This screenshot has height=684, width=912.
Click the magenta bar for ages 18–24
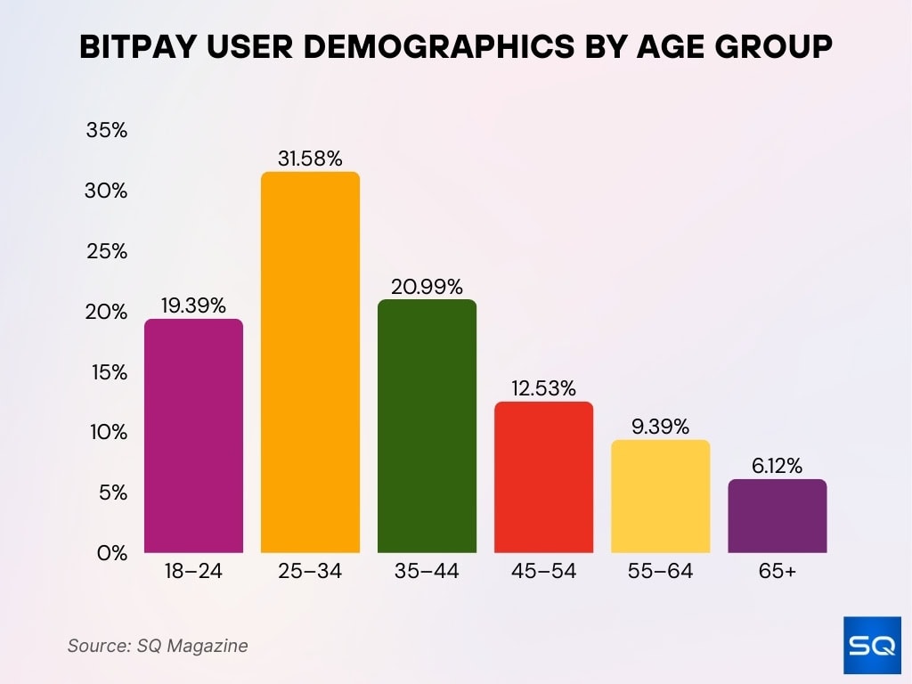coord(193,436)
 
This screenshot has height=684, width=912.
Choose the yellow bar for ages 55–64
coord(660,496)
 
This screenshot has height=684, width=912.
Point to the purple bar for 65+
coord(778,516)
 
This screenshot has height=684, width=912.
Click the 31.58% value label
coord(310,159)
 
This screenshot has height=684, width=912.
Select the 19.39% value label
coord(193,305)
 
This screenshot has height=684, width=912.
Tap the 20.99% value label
coord(427,287)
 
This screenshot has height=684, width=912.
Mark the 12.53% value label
coord(543,388)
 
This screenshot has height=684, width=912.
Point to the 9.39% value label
coord(660,427)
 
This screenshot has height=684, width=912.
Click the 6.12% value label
coord(778,466)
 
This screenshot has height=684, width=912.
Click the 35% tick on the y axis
coord(107,131)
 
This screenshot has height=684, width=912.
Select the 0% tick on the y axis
coord(112,552)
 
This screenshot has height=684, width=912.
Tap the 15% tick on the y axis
coord(108,371)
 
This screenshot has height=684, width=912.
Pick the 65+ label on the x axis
coord(778,572)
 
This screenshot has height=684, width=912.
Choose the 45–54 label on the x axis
coord(543,572)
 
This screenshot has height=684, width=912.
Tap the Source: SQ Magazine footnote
coord(158,646)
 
